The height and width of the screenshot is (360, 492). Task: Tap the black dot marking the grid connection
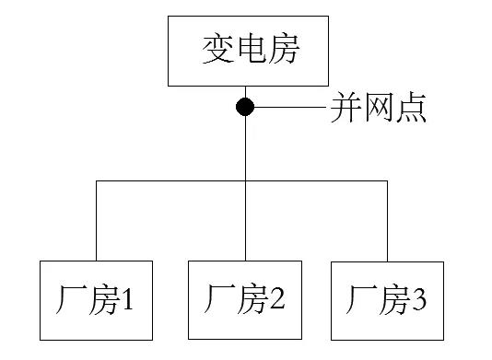coord(245,107)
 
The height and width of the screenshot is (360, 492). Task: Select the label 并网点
coord(377,109)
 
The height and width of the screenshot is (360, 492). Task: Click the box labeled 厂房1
coord(96,299)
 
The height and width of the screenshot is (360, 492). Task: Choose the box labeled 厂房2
coord(245,299)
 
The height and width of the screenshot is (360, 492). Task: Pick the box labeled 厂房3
coord(388,299)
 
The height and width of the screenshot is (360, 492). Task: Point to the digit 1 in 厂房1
coord(129,300)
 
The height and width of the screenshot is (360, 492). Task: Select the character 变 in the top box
coord(217,51)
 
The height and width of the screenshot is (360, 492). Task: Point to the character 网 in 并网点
coord(377,109)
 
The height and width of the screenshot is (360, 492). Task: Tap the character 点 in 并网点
coord(409,109)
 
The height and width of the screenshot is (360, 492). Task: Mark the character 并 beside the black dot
coord(346,109)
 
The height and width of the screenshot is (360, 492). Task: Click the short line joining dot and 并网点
coord(290,108)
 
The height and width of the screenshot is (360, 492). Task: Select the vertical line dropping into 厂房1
coord(96,221)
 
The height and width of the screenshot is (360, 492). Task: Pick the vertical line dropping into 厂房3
coord(388,221)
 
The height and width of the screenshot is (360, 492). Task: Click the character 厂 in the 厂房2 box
coord(217,300)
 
